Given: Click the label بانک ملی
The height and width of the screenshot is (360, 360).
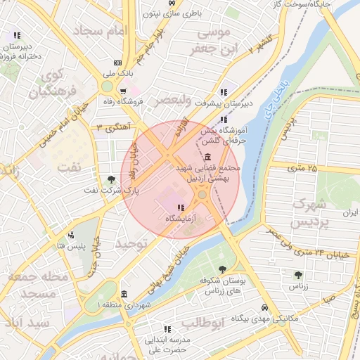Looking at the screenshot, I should coord(98,72).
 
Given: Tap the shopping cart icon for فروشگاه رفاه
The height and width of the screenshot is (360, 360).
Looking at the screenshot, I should coord(123,91).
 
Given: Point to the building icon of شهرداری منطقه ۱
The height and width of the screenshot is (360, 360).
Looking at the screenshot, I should coord(124,294).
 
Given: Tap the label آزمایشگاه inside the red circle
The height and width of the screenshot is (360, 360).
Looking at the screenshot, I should coord(179,219).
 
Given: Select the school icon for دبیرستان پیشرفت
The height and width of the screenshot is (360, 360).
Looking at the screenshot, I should coord(223,92).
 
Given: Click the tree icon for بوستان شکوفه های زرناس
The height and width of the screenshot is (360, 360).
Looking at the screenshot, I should coord(223,269).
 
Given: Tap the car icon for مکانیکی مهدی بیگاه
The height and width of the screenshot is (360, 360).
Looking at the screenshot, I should coord(264,308).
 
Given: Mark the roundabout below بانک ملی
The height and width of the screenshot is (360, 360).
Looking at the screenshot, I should coord(107,86).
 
